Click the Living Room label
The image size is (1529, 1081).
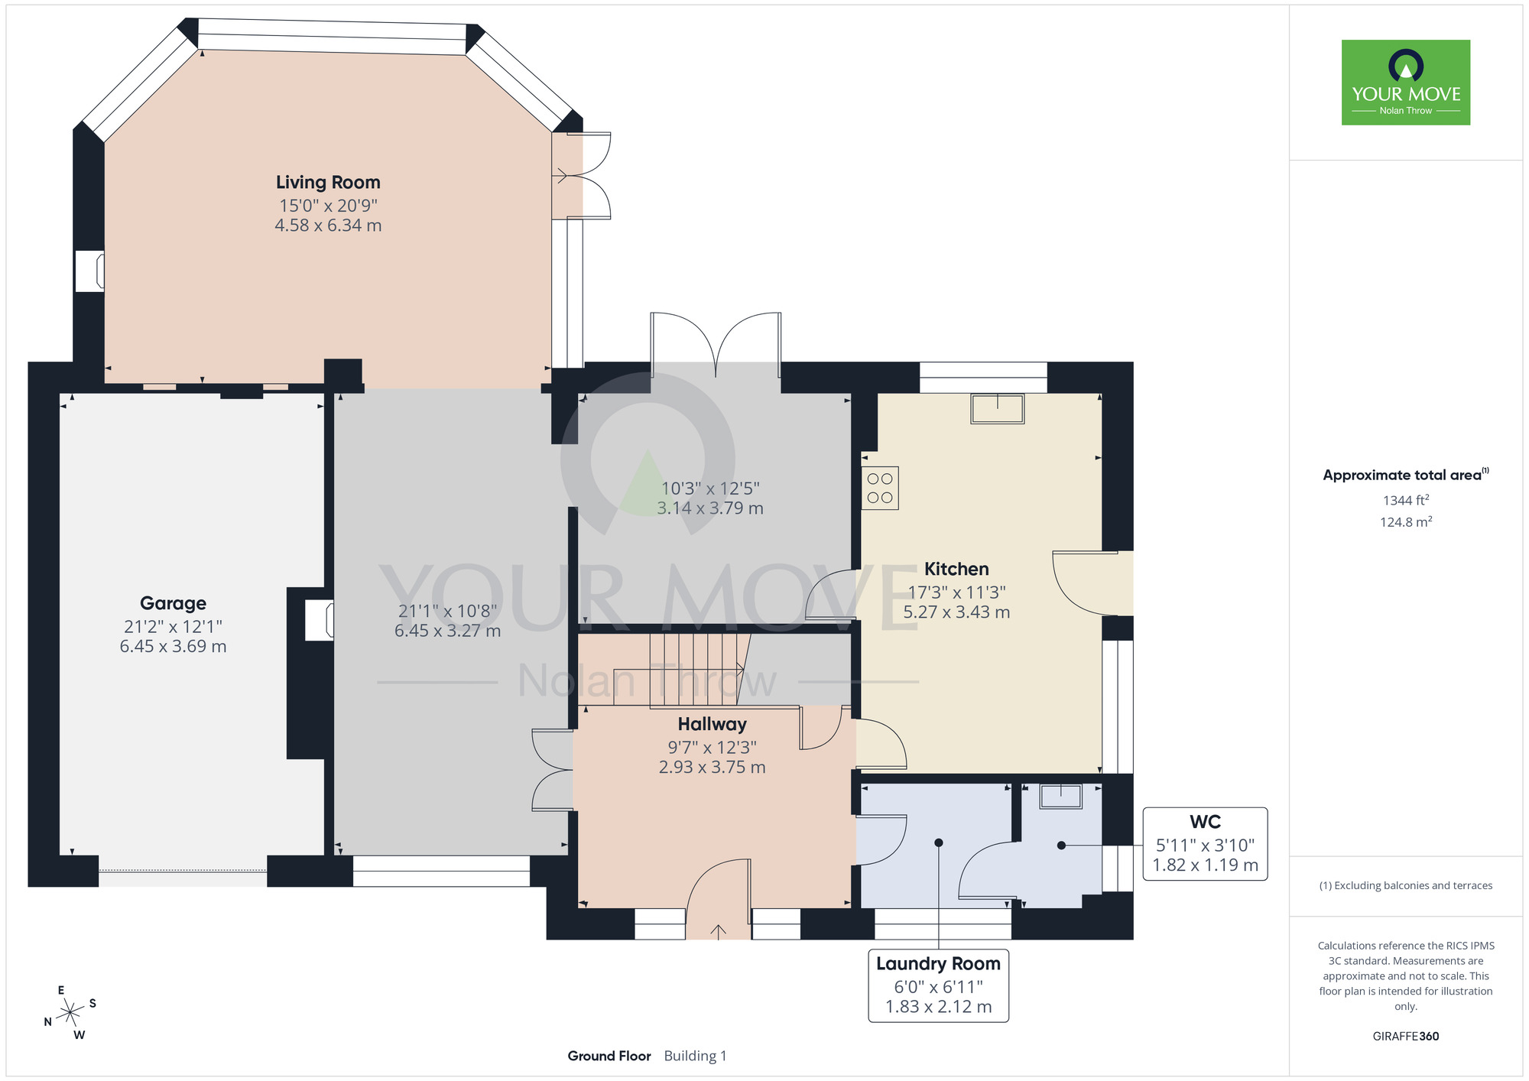click(x=328, y=183)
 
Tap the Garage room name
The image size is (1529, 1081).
click(x=173, y=603)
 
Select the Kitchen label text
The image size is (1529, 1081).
click(x=956, y=569)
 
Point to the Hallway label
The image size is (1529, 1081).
click(x=712, y=724)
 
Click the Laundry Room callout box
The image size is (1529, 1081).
click(x=938, y=985)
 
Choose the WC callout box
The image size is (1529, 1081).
click(x=1205, y=844)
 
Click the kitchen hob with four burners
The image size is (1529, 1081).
click(x=880, y=488)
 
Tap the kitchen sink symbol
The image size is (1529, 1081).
click(x=998, y=408)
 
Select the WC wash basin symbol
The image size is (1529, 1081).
click(x=1061, y=796)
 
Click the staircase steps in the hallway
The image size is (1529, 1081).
click(x=697, y=669)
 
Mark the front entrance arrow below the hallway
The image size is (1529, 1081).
click(x=719, y=930)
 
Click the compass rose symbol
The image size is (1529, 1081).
click(x=70, y=1013)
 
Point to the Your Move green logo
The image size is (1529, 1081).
click(x=1406, y=83)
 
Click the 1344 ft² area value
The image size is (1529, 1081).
click(x=1406, y=500)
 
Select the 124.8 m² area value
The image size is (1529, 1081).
click(x=1406, y=522)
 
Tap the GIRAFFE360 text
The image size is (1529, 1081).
click(x=1406, y=1037)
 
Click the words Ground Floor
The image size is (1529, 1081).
click(x=609, y=1056)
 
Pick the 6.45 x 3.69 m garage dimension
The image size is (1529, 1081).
click(x=173, y=646)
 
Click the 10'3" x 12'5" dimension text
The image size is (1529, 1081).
click(x=710, y=489)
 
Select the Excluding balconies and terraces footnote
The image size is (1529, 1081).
click(x=1406, y=885)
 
